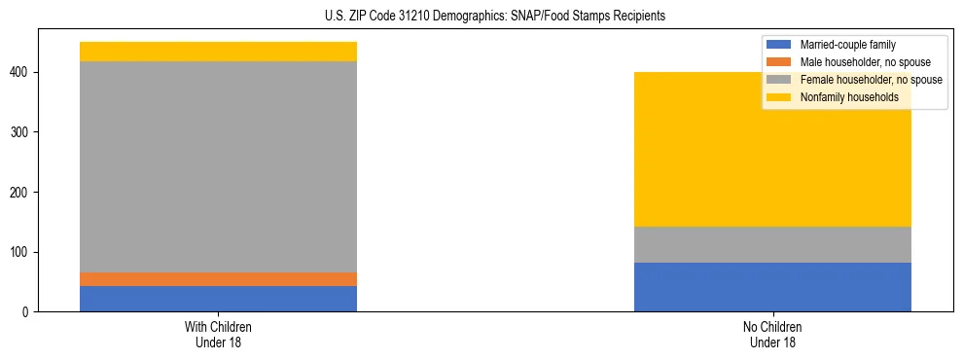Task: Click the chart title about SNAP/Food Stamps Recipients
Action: [x=481, y=17]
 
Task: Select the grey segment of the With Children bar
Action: [x=218, y=166]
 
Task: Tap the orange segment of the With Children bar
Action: [x=218, y=279]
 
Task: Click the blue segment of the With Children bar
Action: [x=218, y=299]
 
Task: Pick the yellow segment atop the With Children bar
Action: [x=218, y=52]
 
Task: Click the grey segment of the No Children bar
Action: [x=772, y=244]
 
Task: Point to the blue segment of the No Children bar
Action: [x=772, y=287]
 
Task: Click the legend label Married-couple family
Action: [x=847, y=45]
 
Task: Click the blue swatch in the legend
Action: [x=779, y=45]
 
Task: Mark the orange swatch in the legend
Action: [x=779, y=62]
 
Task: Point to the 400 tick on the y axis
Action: [x=23, y=72]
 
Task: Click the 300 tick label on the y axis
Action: [x=23, y=132]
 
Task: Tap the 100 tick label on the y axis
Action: [x=23, y=252]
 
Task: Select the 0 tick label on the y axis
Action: [x=29, y=312]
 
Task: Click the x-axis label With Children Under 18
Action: [x=218, y=334]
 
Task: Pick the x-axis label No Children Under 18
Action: [x=772, y=334]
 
